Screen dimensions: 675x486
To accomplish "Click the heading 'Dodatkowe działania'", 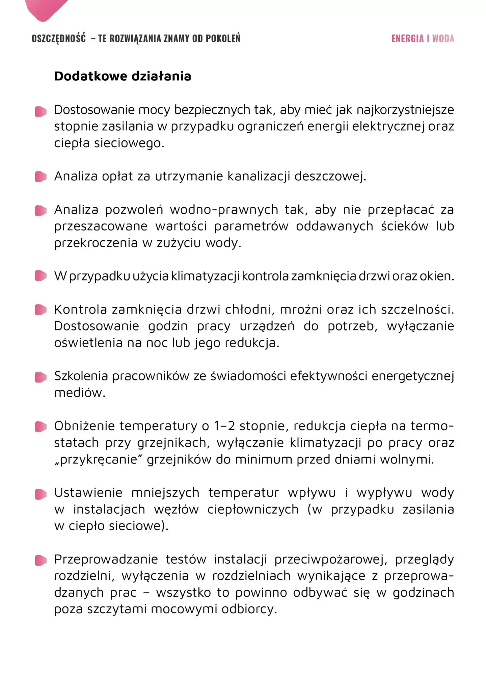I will (123, 76).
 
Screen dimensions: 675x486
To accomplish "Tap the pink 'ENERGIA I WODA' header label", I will (423, 38).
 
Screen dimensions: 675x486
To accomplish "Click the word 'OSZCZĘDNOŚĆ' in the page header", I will (59, 38).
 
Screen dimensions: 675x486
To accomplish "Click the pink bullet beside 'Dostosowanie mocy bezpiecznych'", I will (41, 111).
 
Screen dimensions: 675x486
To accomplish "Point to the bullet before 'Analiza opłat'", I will (41, 177).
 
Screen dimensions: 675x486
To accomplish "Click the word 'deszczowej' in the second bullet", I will (330, 177).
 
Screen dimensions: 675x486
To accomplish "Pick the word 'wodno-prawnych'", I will (223, 210).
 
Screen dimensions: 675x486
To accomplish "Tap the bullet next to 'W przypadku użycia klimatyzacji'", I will (41, 276).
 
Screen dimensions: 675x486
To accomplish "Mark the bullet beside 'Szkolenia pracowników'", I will (41, 377).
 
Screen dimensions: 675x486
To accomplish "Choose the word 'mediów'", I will (80, 393).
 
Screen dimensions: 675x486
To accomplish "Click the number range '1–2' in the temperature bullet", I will (224, 426).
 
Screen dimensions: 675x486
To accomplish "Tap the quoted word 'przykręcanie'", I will (99, 459).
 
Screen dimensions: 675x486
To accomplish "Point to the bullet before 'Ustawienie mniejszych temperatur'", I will (41, 494).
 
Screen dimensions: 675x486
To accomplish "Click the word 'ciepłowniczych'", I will (253, 509).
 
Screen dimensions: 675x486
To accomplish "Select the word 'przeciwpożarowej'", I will (330, 560).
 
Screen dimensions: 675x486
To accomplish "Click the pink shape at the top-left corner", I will (46, 8).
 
